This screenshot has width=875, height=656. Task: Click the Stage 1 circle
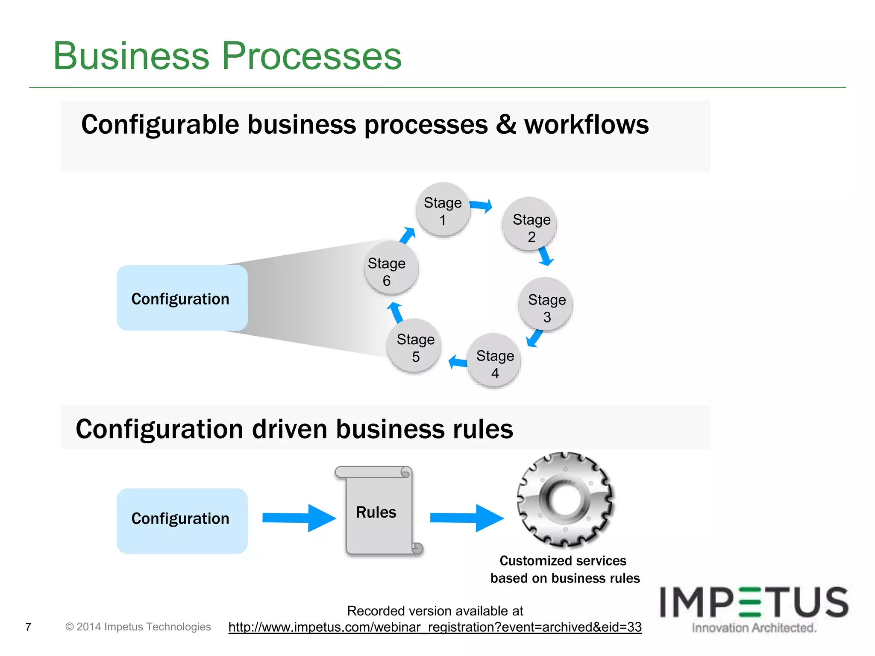pyautogui.click(x=443, y=210)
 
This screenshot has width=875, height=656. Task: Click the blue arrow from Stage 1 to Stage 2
pyautogui.click(x=482, y=206)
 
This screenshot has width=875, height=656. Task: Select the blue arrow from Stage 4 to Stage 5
pyautogui.click(x=458, y=362)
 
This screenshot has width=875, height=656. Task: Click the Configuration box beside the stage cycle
pyautogui.click(x=182, y=298)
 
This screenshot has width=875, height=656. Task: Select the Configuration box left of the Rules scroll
pyautogui.click(x=182, y=521)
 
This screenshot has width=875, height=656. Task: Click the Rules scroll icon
pyautogui.click(x=379, y=512)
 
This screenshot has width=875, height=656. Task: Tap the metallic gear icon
pyautogui.click(x=565, y=499)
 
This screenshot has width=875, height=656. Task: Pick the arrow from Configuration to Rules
pyautogui.click(x=299, y=518)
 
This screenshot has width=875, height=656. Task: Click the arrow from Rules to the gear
pyautogui.click(x=467, y=518)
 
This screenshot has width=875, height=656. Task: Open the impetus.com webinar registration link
pyautogui.click(x=435, y=627)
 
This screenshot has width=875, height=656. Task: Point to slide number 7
pyautogui.click(x=28, y=627)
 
